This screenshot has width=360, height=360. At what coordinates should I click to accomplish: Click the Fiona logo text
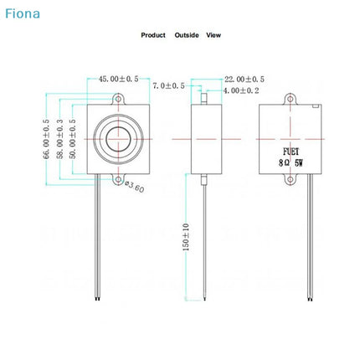(23, 13)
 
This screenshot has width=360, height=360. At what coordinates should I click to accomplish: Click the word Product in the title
(153, 35)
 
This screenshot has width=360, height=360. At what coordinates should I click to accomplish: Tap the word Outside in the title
(187, 35)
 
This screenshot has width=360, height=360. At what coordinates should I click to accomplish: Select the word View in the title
(213, 35)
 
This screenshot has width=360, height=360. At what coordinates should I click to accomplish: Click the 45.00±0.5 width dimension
(118, 79)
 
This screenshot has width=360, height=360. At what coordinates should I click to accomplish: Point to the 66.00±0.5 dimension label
(46, 139)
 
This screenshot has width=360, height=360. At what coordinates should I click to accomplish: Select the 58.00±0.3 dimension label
(59, 139)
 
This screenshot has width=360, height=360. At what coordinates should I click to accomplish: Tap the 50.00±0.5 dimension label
(73, 139)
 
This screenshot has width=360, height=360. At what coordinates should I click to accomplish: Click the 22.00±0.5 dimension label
(244, 80)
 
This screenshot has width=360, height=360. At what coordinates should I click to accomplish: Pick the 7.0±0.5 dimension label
(168, 85)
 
